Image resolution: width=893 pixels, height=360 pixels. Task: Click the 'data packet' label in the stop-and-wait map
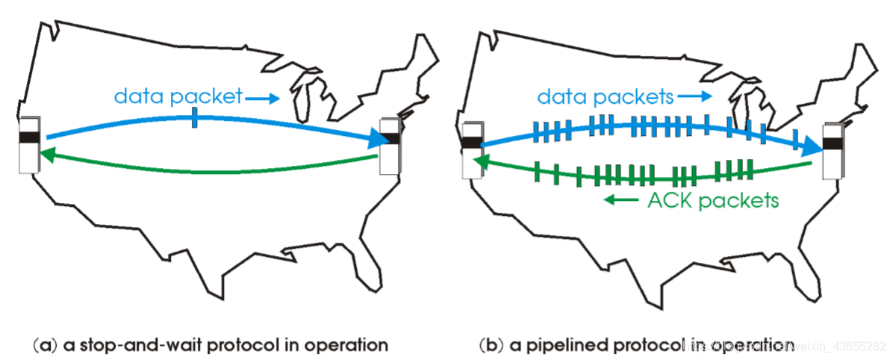(178, 96)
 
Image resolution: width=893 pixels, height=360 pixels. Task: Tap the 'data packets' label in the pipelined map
(606, 96)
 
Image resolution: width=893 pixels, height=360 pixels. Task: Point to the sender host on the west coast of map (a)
(28, 145)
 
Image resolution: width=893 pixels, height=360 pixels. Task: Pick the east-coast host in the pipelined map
(832, 152)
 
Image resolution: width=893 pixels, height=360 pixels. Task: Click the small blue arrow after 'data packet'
(261, 97)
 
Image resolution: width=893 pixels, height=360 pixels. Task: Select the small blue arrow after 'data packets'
(694, 97)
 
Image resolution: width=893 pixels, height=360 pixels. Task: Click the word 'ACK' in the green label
(666, 200)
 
